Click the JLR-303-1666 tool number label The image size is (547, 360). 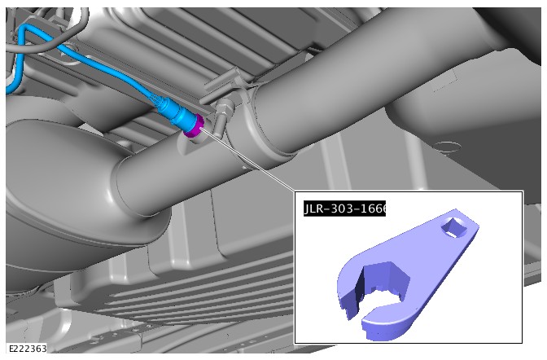pyautogui.click(x=344, y=209)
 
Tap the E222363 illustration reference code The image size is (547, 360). pyautogui.click(x=28, y=349)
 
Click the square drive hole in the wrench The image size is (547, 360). pyautogui.click(x=453, y=227)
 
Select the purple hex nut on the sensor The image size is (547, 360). pyautogui.click(x=194, y=125)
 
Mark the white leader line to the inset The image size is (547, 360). pyautogui.click(x=247, y=160)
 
